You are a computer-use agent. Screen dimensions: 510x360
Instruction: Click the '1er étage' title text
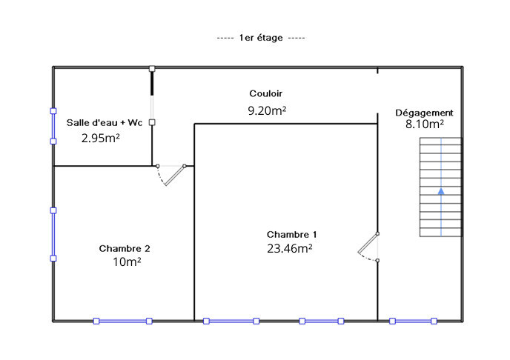pyautogui.click(x=261, y=38)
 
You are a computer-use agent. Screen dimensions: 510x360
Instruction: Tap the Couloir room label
pyautogui.click(x=265, y=93)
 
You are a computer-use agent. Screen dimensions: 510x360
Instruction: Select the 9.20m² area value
pyautogui.click(x=267, y=111)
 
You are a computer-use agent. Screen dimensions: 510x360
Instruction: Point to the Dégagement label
pyautogui.click(x=424, y=113)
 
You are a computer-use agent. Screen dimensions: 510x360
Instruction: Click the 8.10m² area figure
pyautogui.click(x=425, y=124)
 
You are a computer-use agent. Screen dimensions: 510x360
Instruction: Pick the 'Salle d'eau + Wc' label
pyautogui.click(x=105, y=123)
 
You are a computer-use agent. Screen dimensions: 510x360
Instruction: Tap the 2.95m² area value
pyautogui.click(x=101, y=139)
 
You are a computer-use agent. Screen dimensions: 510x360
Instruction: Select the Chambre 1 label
pyautogui.click(x=291, y=235)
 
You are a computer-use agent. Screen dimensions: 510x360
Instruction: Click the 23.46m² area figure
pyautogui.click(x=290, y=249)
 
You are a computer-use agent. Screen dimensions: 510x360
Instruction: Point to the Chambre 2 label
pyautogui.click(x=125, y=249)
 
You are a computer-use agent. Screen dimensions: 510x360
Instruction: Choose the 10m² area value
pyautogui.click(x=127, y=261)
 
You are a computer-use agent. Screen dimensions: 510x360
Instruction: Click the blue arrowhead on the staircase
pyautogui.click(x=441, y=191)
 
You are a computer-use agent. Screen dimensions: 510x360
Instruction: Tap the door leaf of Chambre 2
pyautogui.click(x=175, y=176)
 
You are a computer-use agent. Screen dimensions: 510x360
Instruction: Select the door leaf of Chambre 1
pyautogui.click(x=368, y=243)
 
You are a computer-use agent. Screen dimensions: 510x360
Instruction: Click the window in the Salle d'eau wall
pyautogui.click(x=53, y=126)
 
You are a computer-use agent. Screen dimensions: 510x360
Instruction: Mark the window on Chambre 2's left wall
pyautogui.click(x=53, y=234)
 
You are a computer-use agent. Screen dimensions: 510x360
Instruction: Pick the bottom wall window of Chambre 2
pyautogui.click(x=122, y=321)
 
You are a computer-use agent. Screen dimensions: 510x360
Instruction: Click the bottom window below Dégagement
pyautogui.click(x=413, y=321)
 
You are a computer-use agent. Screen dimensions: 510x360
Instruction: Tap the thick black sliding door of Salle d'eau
pyautogui.click(x=152, y=84)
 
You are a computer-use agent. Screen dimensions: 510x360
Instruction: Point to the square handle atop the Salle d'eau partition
pyautogui.click(x=152, y=69)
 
